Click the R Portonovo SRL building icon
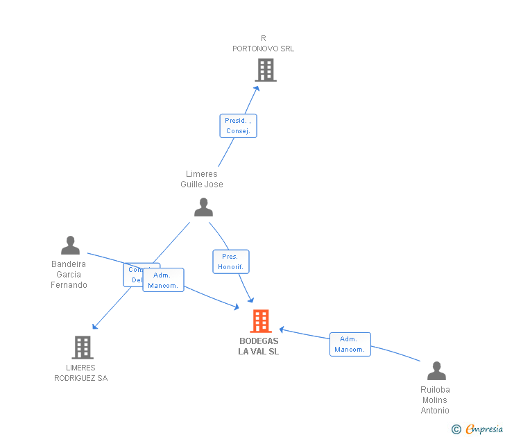coord(265,70)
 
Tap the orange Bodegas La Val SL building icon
coord(261,321)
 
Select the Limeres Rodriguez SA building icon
coord(82,348)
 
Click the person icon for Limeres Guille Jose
coord(203,207)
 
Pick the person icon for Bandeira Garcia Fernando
coord(70,246)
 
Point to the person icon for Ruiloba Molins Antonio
coord(436,371)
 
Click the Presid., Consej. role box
coord(238,126)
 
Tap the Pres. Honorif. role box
coord(230,262)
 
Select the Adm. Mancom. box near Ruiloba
coord(350,344)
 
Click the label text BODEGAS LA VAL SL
coord(259,346)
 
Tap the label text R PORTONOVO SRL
coord(263,44)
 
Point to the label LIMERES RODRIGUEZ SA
coord(81,373)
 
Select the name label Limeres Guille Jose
coord(202,179)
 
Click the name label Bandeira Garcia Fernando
coord(69,275)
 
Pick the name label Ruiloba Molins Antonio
coord(435,400)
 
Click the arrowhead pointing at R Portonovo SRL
coord(257,88)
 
